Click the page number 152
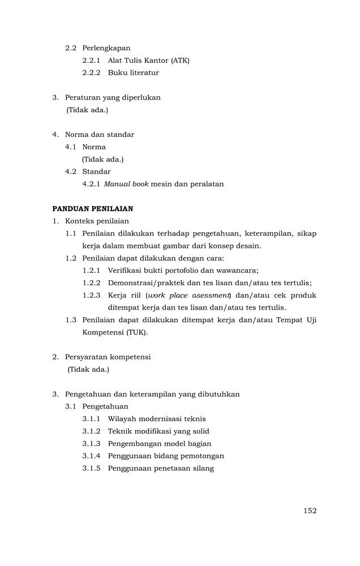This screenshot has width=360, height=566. tap(310, 511)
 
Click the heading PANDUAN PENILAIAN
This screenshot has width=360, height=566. tap(93, 209)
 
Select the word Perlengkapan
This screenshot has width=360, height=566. tap(106, 48)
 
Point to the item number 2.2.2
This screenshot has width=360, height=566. tap(91, 73)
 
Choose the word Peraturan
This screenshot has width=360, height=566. tap(84, 97)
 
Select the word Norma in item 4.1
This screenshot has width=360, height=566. tap(94, 147)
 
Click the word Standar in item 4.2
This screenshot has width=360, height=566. tap(96, 171)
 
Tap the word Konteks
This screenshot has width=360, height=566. tap(81, 221)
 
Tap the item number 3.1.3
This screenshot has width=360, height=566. tap(91, 444)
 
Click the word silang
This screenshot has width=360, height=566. tap(203, 469)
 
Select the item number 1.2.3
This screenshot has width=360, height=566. tap(91, 295)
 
